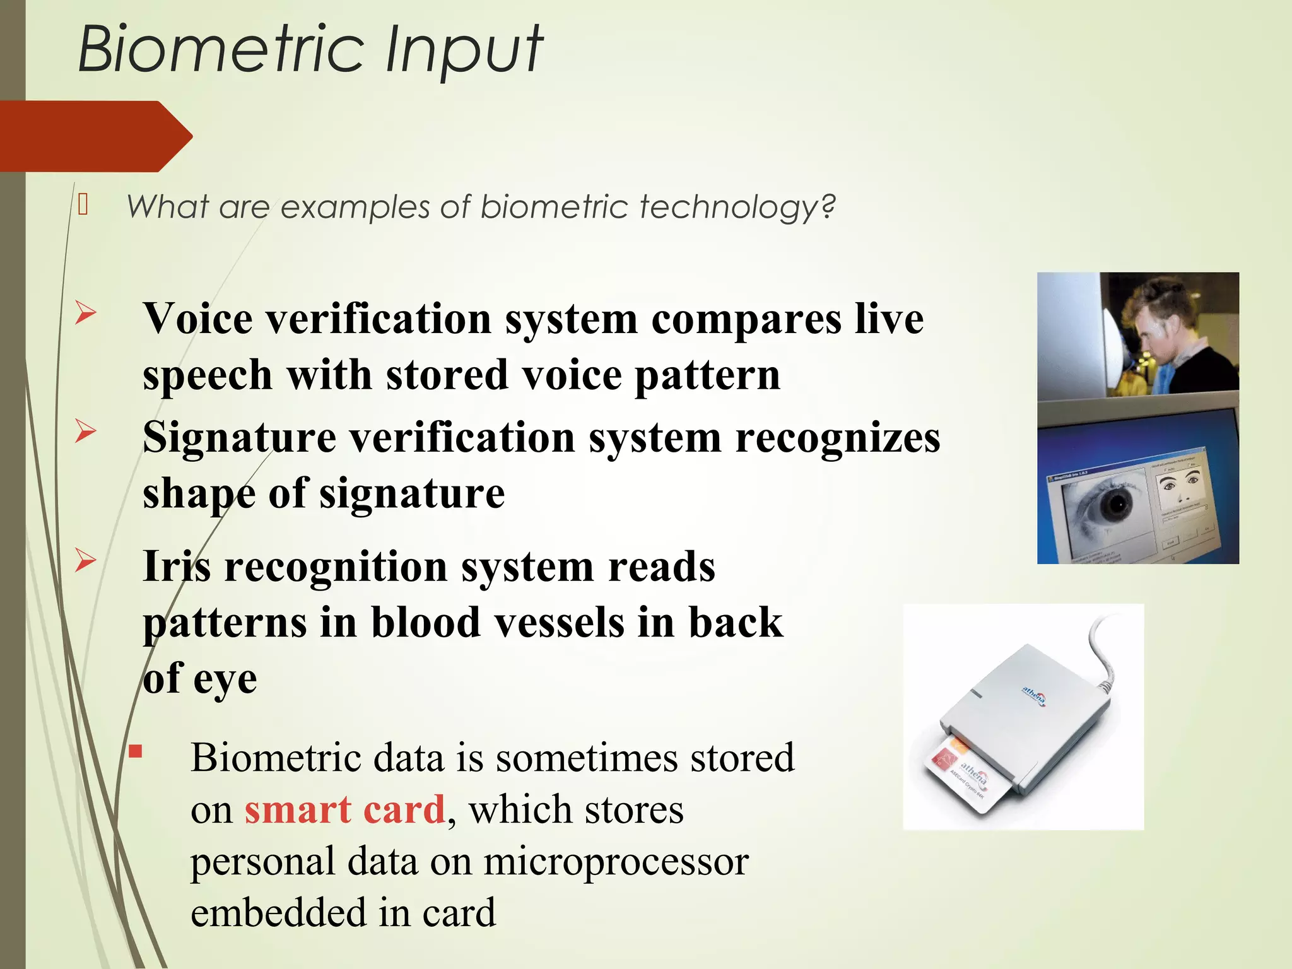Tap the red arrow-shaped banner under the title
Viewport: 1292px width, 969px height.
click(x=95, y=136)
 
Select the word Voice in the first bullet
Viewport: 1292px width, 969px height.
click(x=197, y=319)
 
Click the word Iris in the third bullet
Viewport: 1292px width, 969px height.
click(x=177, y=566)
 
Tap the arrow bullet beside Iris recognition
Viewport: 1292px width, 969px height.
click(x=85, y=560)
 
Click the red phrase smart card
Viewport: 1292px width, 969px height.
click(x=345, y=809)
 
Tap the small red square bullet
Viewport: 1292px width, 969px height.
click(x=136, y=751)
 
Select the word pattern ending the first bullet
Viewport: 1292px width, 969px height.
click(x=707, y=375)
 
